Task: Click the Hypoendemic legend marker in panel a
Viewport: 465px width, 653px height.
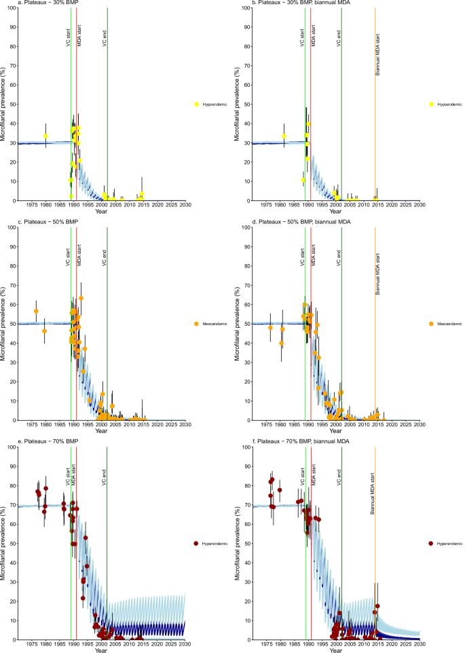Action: tap(196, 104)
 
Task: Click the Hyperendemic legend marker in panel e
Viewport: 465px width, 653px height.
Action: tap(196, 543)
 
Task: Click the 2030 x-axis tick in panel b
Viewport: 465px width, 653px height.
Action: tap(419, 206)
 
